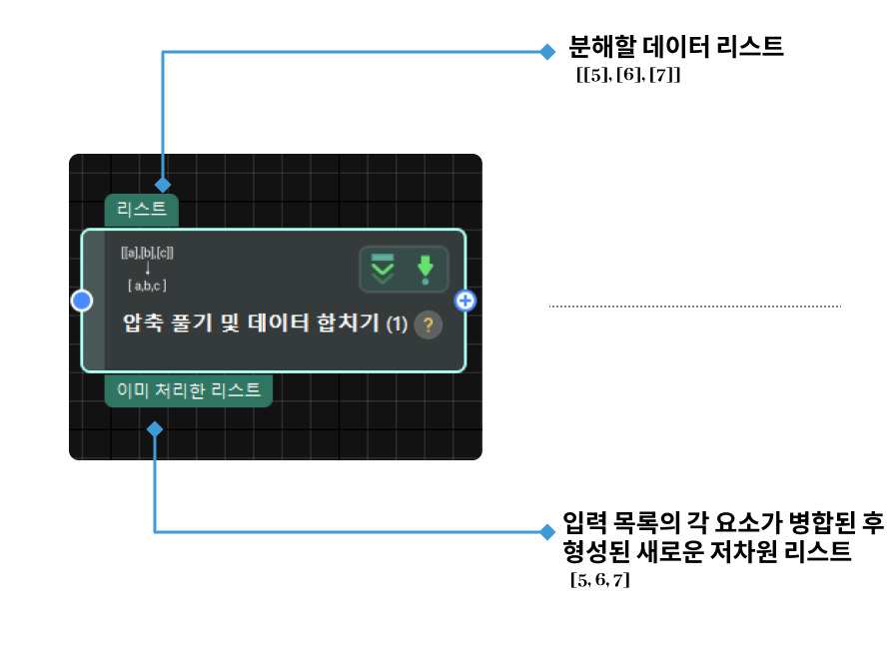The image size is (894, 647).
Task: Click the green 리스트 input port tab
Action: coord(142,210)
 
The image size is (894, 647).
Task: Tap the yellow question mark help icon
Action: coord(428,324)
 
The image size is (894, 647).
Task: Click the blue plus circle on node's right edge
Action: coord(465,300)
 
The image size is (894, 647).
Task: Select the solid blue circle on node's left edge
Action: coord(82,300)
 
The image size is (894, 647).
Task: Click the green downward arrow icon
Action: coord(427,269)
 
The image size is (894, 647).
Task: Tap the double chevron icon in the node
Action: coord(383,269)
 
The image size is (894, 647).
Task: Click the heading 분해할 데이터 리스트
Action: coord(676,47)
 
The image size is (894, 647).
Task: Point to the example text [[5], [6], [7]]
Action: coord(628,75)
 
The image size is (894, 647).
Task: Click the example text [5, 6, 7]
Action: coord(599,580)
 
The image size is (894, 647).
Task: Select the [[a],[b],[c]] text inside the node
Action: coord(147,254)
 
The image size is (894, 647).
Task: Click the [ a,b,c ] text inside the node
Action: coord(147,286)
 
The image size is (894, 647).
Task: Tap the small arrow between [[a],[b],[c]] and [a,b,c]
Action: coord(147,269)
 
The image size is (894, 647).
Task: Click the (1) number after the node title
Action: coord(398,324)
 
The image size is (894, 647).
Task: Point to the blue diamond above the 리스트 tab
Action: coord(163,185)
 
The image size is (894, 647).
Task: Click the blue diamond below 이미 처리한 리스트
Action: coord(155,429)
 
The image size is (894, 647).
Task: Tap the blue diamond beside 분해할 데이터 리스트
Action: coord(546,51)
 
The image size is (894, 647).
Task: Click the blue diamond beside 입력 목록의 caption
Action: coord(546,531)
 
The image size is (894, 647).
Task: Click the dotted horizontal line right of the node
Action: coord(695,307)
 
